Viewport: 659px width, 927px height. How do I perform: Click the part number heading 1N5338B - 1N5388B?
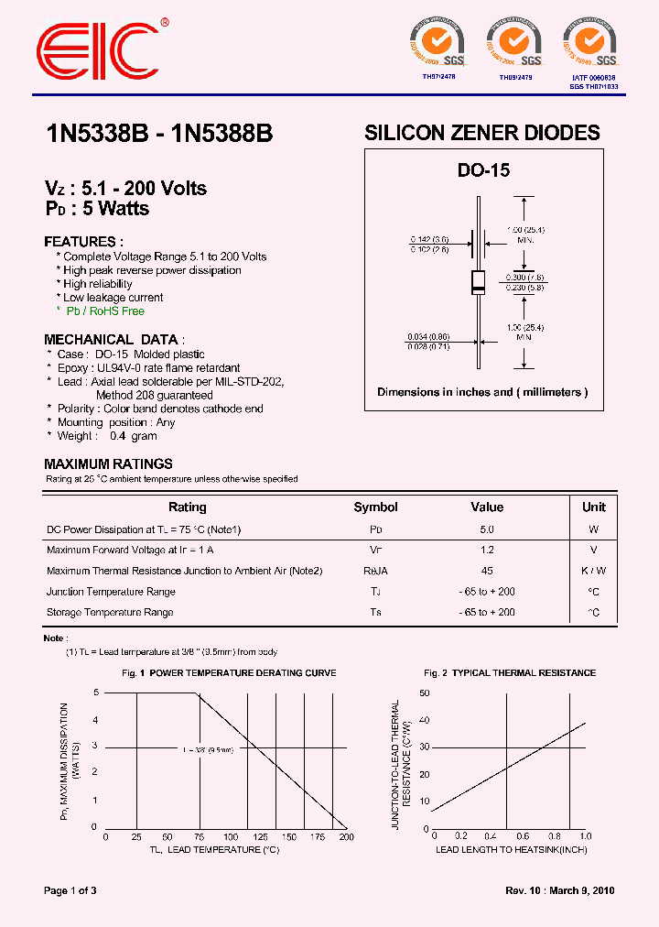coord(158,134)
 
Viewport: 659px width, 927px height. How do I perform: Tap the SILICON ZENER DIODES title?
coord(482,133)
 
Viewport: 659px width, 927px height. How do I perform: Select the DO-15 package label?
coord(483,170)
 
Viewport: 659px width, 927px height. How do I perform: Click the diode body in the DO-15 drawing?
coord(478,283)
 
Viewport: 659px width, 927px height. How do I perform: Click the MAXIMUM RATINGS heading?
coord(108,464)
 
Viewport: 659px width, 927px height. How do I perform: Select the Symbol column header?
coord(375,507)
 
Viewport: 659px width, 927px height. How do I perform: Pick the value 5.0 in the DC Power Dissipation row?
coord(487,529)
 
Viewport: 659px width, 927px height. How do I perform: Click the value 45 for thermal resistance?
coord(487,571)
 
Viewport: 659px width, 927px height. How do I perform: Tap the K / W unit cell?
coord(594,571)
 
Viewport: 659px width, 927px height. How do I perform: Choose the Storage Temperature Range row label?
coord(110,612)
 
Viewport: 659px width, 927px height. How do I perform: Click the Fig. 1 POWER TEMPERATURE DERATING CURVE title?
coord(229,673)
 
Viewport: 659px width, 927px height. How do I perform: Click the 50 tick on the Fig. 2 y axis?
coord(423,693)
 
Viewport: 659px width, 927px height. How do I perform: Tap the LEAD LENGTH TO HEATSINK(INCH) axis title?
coord(511,850)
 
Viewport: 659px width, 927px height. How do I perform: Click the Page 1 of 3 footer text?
coord(70,890)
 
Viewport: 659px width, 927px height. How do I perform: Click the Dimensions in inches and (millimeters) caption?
coord(482,392)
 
